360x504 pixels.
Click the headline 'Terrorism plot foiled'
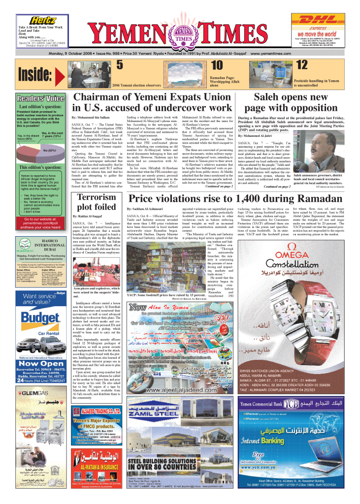click(94, 202)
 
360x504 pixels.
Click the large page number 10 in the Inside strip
click(217, 65)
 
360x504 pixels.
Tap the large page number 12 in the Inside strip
click(302, 65)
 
